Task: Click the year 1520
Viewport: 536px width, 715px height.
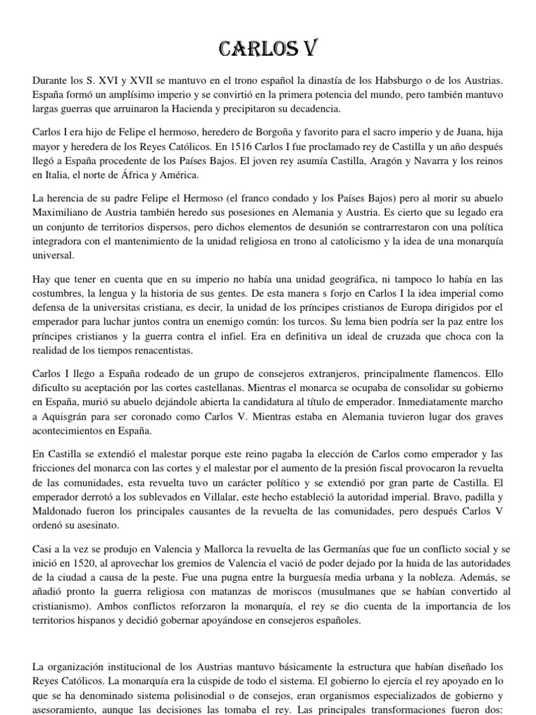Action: click(x=82, y=563)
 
